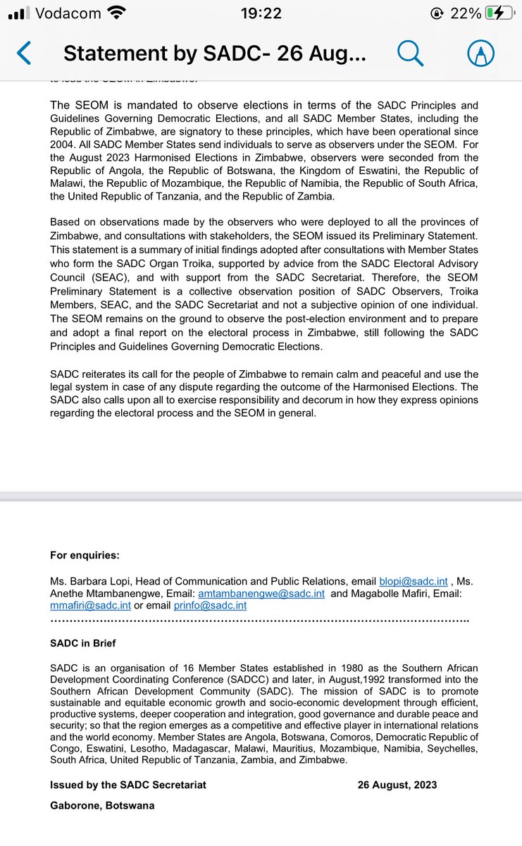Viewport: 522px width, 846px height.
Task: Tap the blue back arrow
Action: click(x=24, y=53)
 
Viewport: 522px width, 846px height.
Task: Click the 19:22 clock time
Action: click(x=261, y=13)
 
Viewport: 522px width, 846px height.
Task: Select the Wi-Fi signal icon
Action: click(x=118, y=13)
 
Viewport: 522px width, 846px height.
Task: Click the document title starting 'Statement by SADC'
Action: click(x=215, y=54)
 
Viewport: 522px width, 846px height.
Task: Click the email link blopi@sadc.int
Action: click(x=413, y=582)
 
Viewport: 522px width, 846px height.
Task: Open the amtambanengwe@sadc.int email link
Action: click(x=261, y=594)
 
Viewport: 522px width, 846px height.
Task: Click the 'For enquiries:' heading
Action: click(x=85, y=556)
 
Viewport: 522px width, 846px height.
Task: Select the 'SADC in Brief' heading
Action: click(x=83, y=644)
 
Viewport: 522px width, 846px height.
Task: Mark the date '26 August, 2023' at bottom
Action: click(x=397, y=785)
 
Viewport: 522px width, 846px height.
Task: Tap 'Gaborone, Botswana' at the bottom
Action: click(x=102, y=806)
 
